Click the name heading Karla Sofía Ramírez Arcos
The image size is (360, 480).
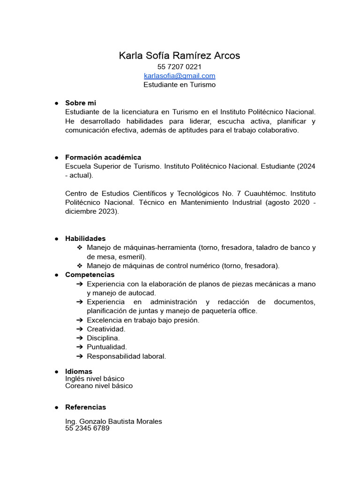[x=180, y=56]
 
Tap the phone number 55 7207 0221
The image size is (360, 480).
[x=180, y=67]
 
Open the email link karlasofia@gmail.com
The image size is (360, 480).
[x=180, y=76]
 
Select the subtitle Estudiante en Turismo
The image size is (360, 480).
[x=180, y=85]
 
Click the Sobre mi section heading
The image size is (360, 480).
[x=81, y=103]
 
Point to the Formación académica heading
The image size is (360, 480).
[x=103, y=157]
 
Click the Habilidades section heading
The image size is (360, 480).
[x=85, y=239]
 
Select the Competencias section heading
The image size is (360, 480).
[x=90, y=275]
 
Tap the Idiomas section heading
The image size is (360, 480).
[x=79, y=372]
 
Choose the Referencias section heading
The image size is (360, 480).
[x=86, y=407]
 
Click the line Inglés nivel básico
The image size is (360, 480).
[x=95, y=379]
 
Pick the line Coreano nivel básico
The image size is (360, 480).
[x=99, y=386]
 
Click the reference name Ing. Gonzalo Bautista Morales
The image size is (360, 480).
[x=113, y=421]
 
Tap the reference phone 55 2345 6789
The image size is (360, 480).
[x=87, y=428]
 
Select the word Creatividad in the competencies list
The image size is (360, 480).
[x=106, y=329]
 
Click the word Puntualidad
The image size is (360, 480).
[x=107, y=347]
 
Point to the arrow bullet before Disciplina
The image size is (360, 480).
[x=80, y=338]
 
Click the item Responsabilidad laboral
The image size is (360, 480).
[x=127, y=356]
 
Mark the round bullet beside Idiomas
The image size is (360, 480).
[x=56, y=372]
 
